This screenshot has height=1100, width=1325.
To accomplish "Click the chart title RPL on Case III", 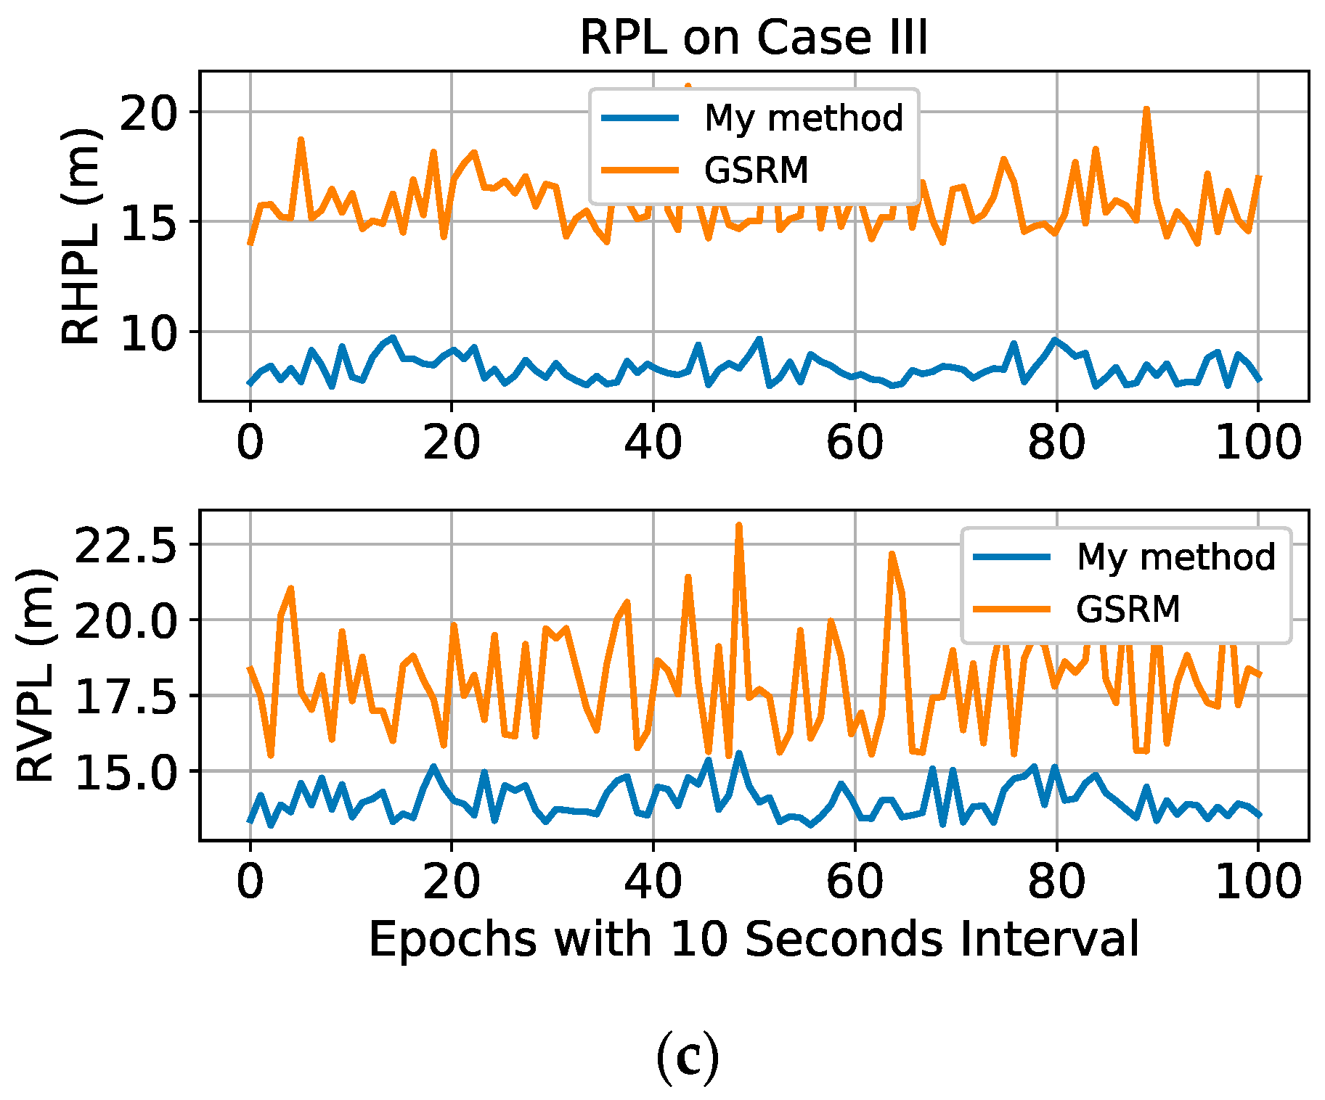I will tap(753, 38).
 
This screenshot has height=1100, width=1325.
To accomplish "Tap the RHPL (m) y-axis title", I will tap(80, 237).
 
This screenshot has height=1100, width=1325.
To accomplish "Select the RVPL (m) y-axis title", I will tap(35, 676).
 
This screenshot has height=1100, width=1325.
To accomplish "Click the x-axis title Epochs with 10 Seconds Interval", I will tap(753, 940).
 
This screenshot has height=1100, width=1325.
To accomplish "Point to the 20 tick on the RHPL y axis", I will tap(148, 112).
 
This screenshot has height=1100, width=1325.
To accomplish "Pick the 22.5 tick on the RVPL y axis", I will tap(126, 546).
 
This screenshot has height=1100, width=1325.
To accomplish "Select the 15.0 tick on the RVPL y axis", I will tap(126, 772).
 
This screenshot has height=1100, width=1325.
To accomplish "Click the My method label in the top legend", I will tap(804, 118).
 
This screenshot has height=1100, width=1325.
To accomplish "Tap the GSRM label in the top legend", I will tap(756, 171).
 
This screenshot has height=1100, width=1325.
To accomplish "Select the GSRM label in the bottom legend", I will tap(1128, 608).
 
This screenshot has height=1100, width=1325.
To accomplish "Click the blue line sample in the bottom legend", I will tap(1012, 557).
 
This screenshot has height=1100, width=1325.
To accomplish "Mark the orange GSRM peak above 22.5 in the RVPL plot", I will tap(738, 525).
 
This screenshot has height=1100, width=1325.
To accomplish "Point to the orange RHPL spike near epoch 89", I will tap(1146, 110).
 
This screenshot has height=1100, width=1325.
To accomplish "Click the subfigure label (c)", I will tap(687, 1059).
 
